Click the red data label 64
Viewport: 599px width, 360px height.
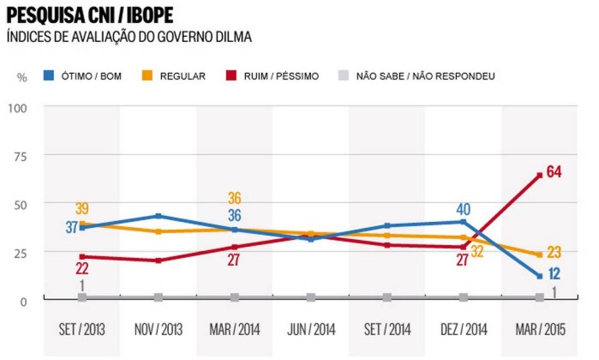(x=554, y=172)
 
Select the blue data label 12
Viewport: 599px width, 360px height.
(x=554, y=273)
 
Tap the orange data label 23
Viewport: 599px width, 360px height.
(x=554, y=252)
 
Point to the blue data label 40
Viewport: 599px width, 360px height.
(x=464, y=208)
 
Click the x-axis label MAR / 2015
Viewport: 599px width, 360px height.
(x=539, y=327)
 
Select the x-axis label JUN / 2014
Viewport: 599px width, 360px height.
(x=310, y=327)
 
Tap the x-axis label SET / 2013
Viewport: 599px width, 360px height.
(x=81, y=327)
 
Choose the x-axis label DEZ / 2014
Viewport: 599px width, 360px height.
(x=463, y=327)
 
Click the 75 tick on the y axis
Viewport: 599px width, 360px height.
(x=20, y=156)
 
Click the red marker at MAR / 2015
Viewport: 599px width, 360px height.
(x=540, y=176)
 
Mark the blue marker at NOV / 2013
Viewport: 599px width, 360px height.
(x=158, y=216)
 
